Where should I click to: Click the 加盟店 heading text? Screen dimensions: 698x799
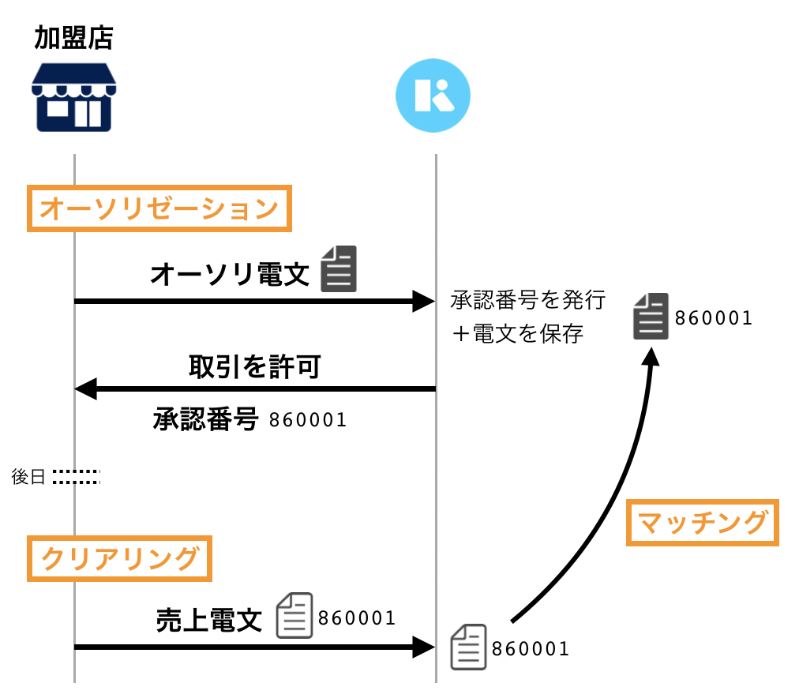[x=73, y=38]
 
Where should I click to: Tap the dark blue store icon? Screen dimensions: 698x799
[x=73, y=96]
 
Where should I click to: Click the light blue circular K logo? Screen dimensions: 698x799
[x=433, y=95]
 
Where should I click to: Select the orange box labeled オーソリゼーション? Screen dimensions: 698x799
[x=159, y=208]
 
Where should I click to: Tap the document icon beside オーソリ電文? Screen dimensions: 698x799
[x=339, y=269]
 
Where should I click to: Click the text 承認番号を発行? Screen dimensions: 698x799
[x=527, y=300]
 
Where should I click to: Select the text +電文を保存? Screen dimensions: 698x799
[x=517, y=334]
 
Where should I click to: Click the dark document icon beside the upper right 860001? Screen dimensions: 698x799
[x=651, y=317]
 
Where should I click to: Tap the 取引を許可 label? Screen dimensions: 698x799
[x=254, y=367]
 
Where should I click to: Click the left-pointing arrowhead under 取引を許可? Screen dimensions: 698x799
[x=85, y=388]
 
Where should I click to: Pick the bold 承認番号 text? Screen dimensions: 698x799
[x=205, y=419]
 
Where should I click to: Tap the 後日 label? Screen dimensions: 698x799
[x=28, y=477]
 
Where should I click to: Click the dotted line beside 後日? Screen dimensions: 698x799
[x=76, y=477]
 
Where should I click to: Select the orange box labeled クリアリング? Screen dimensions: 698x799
[x=119, y=558]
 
